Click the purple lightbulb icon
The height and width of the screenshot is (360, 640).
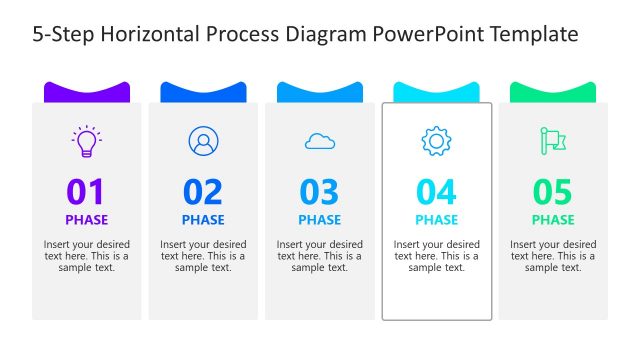point(87,141)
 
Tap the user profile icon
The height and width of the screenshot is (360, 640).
point(203,141)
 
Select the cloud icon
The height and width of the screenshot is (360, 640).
point(320,142)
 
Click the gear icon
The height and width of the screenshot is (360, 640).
point(436,141)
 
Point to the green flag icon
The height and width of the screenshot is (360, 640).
point(553,141)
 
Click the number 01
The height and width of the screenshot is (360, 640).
point(86,192)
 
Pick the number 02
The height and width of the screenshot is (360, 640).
point(203,192)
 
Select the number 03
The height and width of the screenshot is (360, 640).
point(320,192)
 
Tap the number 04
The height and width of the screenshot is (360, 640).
point(436,192)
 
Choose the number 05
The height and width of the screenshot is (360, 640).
point(553,192)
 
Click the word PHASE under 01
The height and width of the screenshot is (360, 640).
point(87,220)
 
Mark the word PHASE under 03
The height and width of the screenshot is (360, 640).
point(320,220)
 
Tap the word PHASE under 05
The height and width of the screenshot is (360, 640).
point(553,220)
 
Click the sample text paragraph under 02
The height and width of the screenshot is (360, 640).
point(203,256)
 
